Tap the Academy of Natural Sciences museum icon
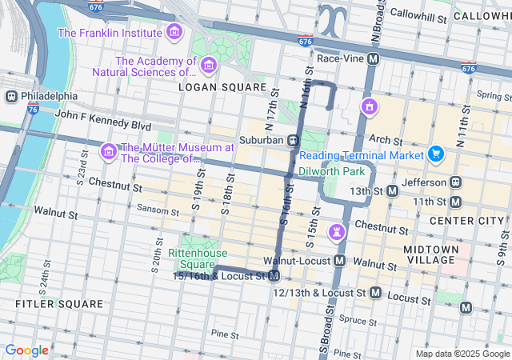pos(210,65)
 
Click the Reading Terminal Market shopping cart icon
pos(435,154)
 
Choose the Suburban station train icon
pos(294,140)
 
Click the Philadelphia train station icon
pos(11,96)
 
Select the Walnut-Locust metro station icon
pos(340,262)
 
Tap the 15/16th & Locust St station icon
pos(274,276)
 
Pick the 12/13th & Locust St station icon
pos(375,294)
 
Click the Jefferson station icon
pos(455,182)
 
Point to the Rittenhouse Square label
pos(191,258)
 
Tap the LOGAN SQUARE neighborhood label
pos(222,86)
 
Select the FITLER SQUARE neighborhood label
pos(59,304)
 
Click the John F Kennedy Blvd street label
pos(102,125)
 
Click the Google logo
pos(26,350)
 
